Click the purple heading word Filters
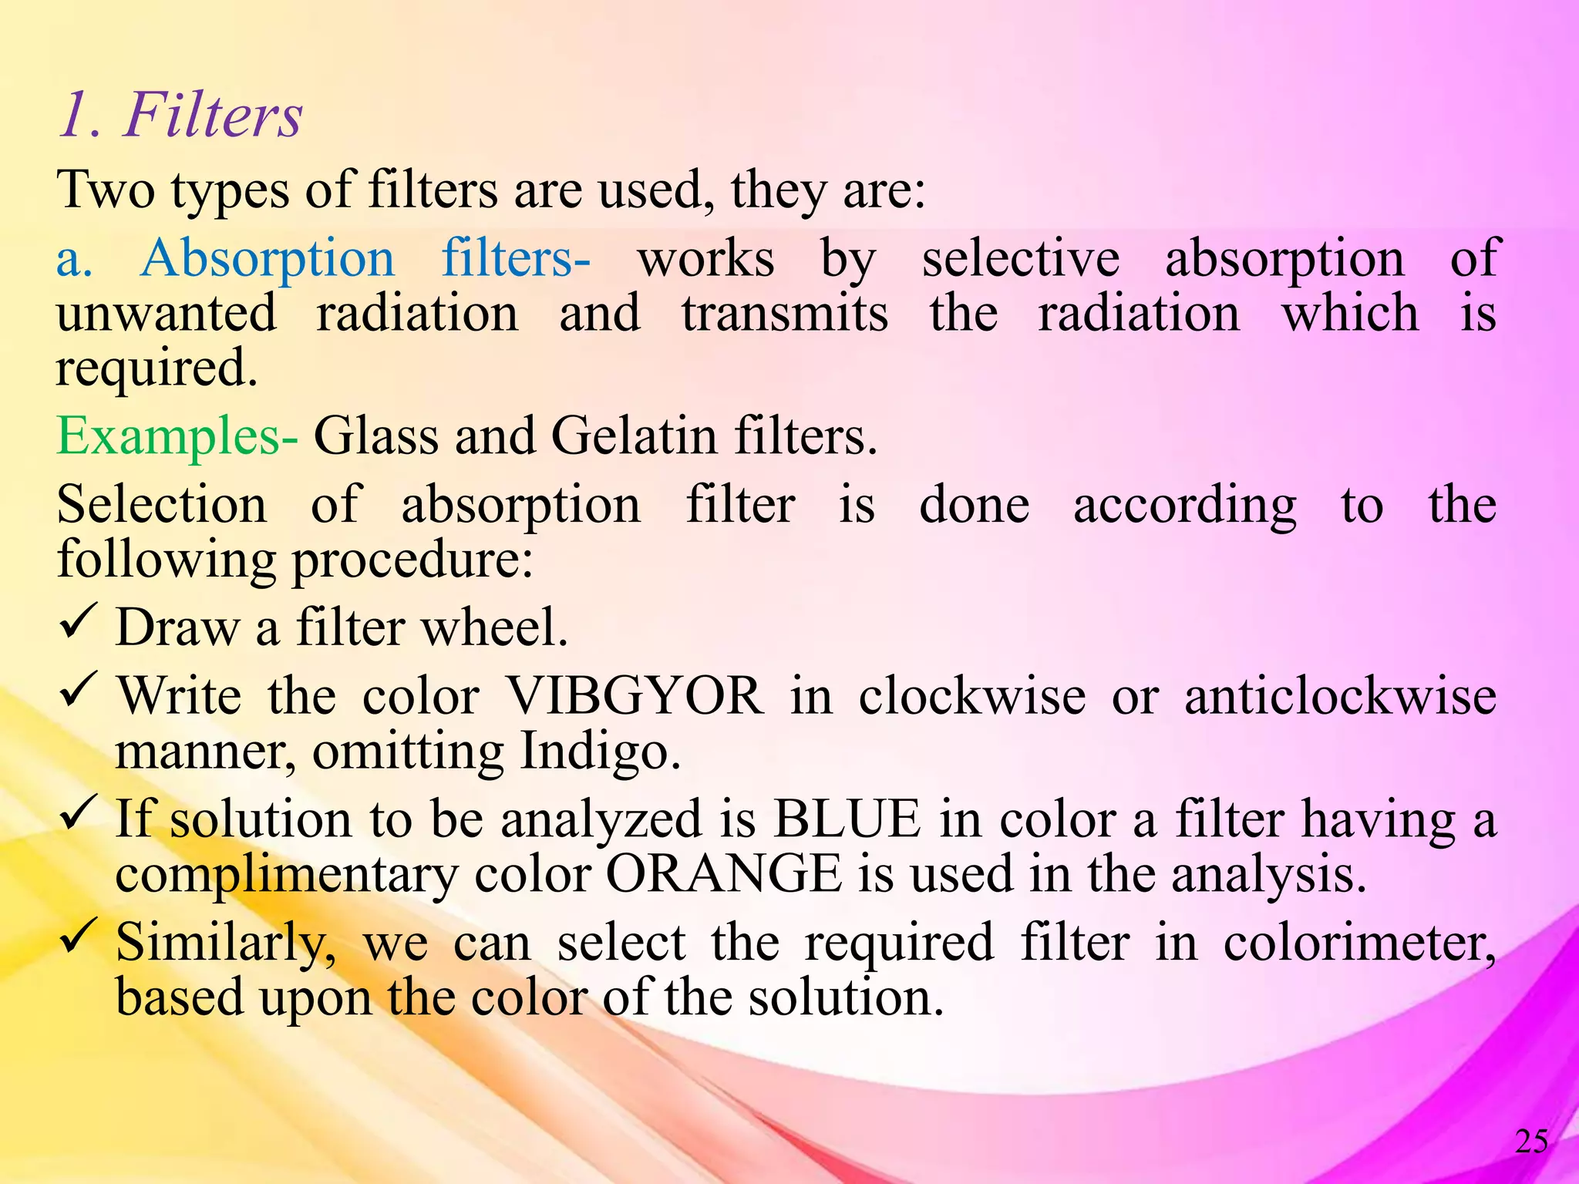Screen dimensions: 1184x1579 click(x=213, y=116)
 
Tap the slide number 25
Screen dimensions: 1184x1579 click(x=1531, y=1142)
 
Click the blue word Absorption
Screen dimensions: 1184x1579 click(x=268, y=258)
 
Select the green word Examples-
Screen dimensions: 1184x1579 click(x=177, y=437)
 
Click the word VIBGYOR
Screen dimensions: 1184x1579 click(x=635, y=696)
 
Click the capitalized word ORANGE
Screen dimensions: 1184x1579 click(x=724, y=874)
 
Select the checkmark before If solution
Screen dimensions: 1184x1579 click(x=77, y=811)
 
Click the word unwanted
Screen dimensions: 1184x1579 click(x=167, y=314)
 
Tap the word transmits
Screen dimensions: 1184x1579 click(x=784, y=314)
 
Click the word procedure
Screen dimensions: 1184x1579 click(x=412, y=560)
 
